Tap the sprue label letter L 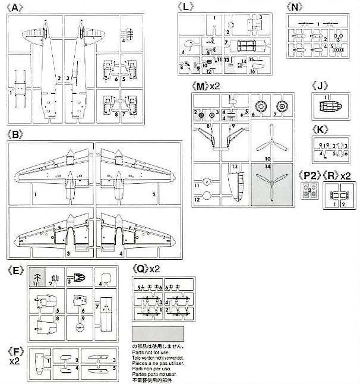point(186,8)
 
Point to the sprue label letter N point(295,7)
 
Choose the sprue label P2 point(308,176)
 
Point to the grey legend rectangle point(157,333)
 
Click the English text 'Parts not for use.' point(151,351)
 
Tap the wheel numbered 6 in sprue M point(260,105)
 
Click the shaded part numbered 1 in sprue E point(37,279)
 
